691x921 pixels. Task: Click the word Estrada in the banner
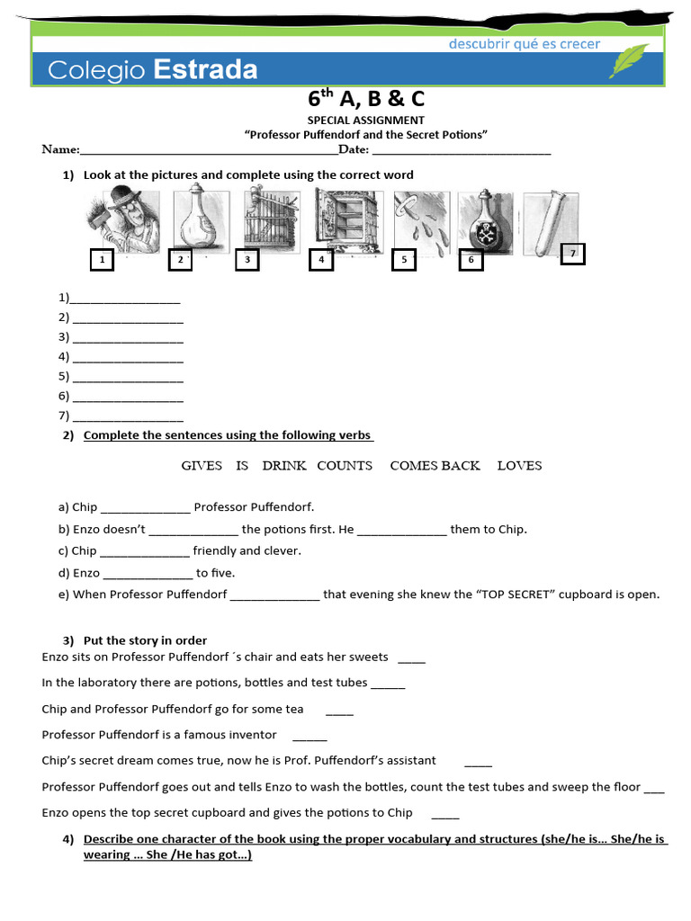pyautogui.click(x=205, y=69)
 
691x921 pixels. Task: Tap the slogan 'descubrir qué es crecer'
pyautogui.click(x=525, y=44)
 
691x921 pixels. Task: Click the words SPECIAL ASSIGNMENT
pyautogui.click(x=366, y=120)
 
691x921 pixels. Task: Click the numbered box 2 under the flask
pyautogui.click(x=181, y=260)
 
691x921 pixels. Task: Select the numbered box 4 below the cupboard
pyautogui.click(x=320, y=260)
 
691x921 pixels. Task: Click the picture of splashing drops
pyautogui.click(x=420, y=220)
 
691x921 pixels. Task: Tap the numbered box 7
pyautogui.click(x=572, y=255)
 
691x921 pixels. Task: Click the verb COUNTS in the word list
pyautogui.click(x=345, y=466)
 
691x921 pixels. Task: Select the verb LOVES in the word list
pyautogui.click(x=519, y=466)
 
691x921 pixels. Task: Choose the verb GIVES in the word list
pyautogui.click(x=202, y=466)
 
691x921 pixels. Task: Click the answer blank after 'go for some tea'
pyautogui.click(x=339, y=711)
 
